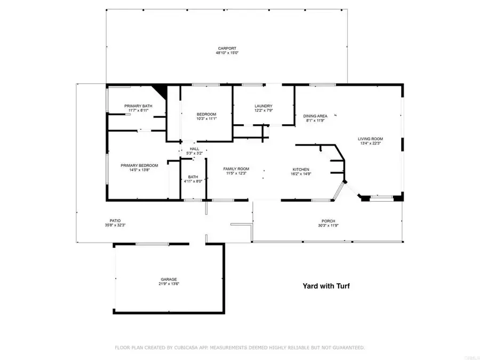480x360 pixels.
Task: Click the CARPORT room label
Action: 226,49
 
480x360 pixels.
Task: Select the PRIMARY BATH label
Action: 138,106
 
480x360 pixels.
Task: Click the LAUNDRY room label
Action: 263,106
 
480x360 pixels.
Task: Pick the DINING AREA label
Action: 315,116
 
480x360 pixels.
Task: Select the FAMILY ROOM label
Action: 236,169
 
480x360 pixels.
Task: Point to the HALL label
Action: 194,149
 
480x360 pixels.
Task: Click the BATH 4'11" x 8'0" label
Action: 193,177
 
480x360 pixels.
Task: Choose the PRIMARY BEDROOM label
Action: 139,165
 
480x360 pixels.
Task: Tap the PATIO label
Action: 115,221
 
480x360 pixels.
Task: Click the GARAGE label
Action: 169,279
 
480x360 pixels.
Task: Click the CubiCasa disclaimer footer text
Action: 240,348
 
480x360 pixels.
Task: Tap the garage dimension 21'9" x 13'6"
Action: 169,284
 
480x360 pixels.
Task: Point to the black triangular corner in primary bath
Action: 160,91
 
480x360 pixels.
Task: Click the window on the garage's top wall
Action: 153,244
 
